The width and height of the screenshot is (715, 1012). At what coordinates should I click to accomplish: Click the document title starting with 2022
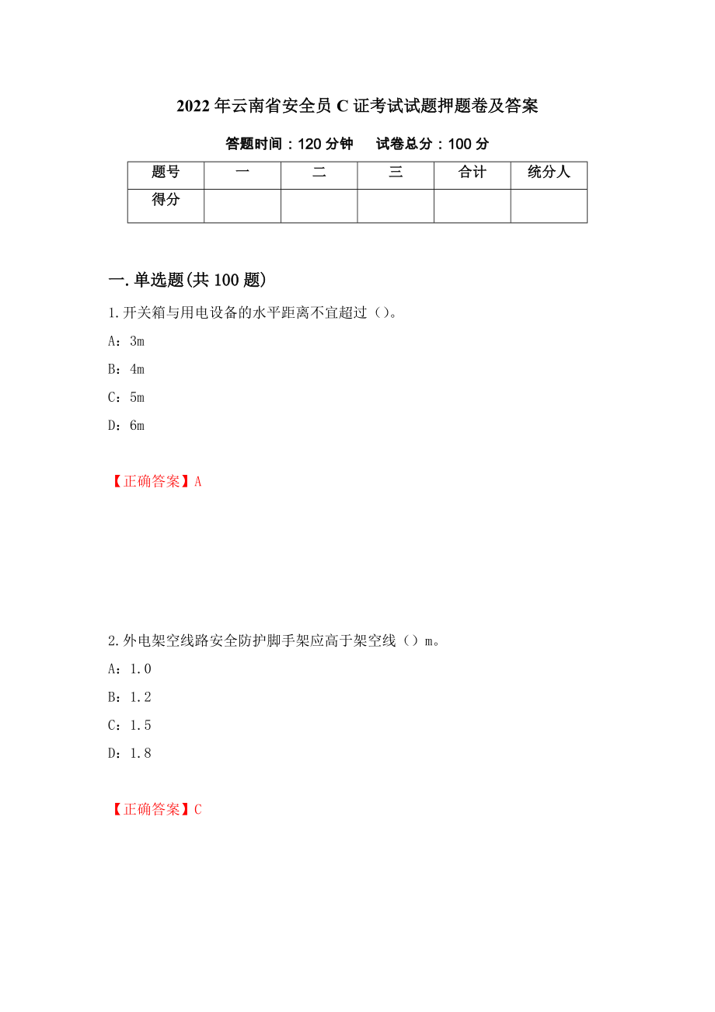click(x=357, y=106)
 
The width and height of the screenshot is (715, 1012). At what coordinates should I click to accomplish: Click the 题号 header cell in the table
click(x=166, y=173)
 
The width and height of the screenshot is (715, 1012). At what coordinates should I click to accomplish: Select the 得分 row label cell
click(x=166, y=201)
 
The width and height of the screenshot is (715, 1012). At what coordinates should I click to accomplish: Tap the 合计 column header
click(x=472, y=173)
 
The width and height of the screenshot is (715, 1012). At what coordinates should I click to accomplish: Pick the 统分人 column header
click(x=549, y=173)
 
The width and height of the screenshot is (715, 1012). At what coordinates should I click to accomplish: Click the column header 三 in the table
click(x=396, y=173)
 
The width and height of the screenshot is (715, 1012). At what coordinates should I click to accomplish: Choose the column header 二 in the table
click(x=319, y=173)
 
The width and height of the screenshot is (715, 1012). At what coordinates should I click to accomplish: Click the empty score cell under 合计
click(x=472, y=206)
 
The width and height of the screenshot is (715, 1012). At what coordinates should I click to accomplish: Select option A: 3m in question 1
click(x=126, y=341)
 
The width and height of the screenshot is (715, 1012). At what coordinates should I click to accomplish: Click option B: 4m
click(x=126, y=369)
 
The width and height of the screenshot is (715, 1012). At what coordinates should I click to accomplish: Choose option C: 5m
click(x=126, y=397)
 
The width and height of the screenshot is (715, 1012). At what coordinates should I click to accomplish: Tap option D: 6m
click(x=126, y=425)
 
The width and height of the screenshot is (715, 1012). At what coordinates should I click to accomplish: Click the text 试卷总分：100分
click(x=432, y=144)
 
